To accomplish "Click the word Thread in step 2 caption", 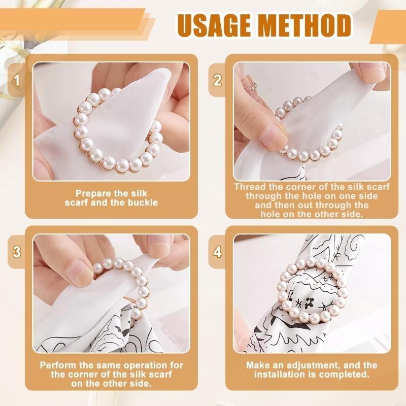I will pyautogui.click(x=249, y=187).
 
